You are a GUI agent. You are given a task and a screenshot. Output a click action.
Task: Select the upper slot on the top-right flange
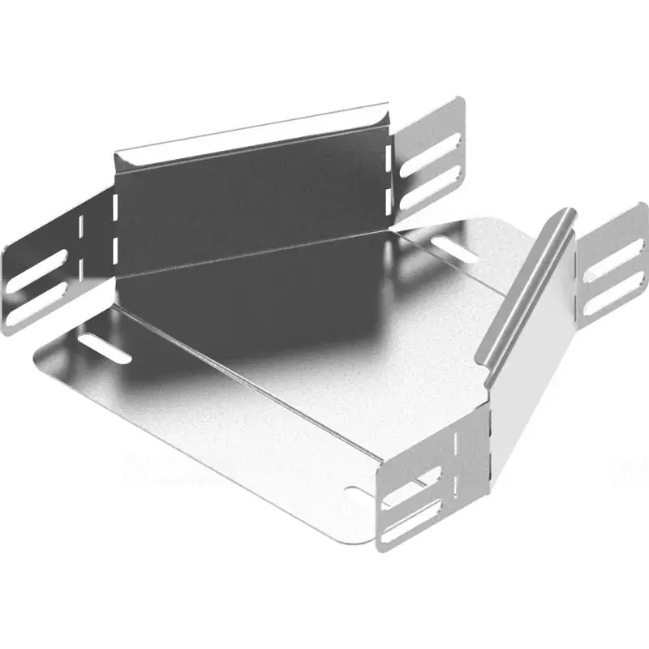[435, 147]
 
